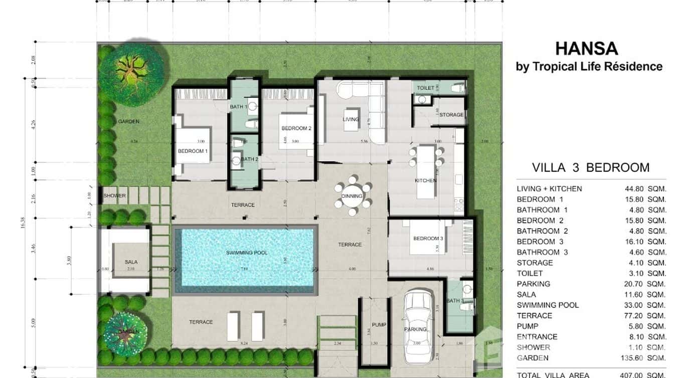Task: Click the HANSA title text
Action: (586, 49)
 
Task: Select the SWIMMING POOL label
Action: (246, 253)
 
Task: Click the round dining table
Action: (353, 196)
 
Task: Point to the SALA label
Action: (131, 262)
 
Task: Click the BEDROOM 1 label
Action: (193, 151)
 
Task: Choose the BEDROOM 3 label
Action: (428, 239)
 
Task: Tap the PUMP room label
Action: (379, 325)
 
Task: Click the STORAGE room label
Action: (451, 115)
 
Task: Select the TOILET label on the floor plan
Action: (425, 88)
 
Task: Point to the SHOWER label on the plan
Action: (115, 196)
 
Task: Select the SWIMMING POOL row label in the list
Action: (548, 305)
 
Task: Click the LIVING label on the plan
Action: (351, 119)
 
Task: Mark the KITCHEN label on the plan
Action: (425, 180)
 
